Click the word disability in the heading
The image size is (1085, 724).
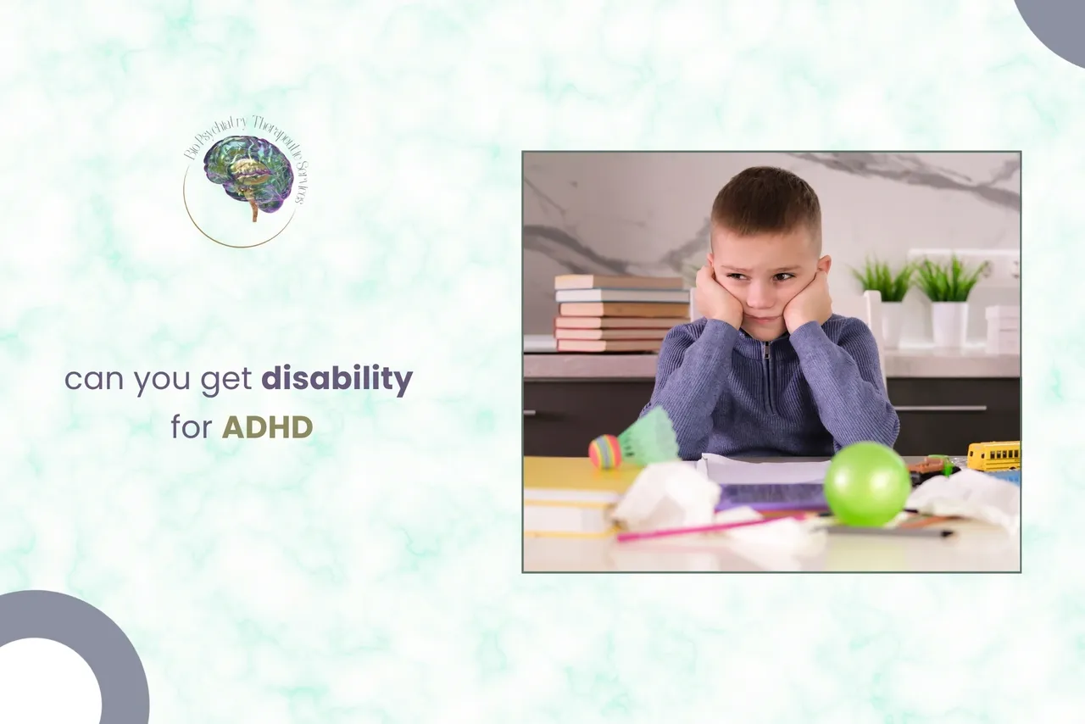(337, 380)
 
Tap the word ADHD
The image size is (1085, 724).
(267, 427)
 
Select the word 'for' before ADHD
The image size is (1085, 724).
(191, 427)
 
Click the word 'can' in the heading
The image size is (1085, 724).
(93, 380)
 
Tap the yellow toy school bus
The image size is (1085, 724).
(993, 456)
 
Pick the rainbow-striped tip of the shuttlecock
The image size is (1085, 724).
(605, 451)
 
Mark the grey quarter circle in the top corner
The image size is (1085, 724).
(1056, 25)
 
